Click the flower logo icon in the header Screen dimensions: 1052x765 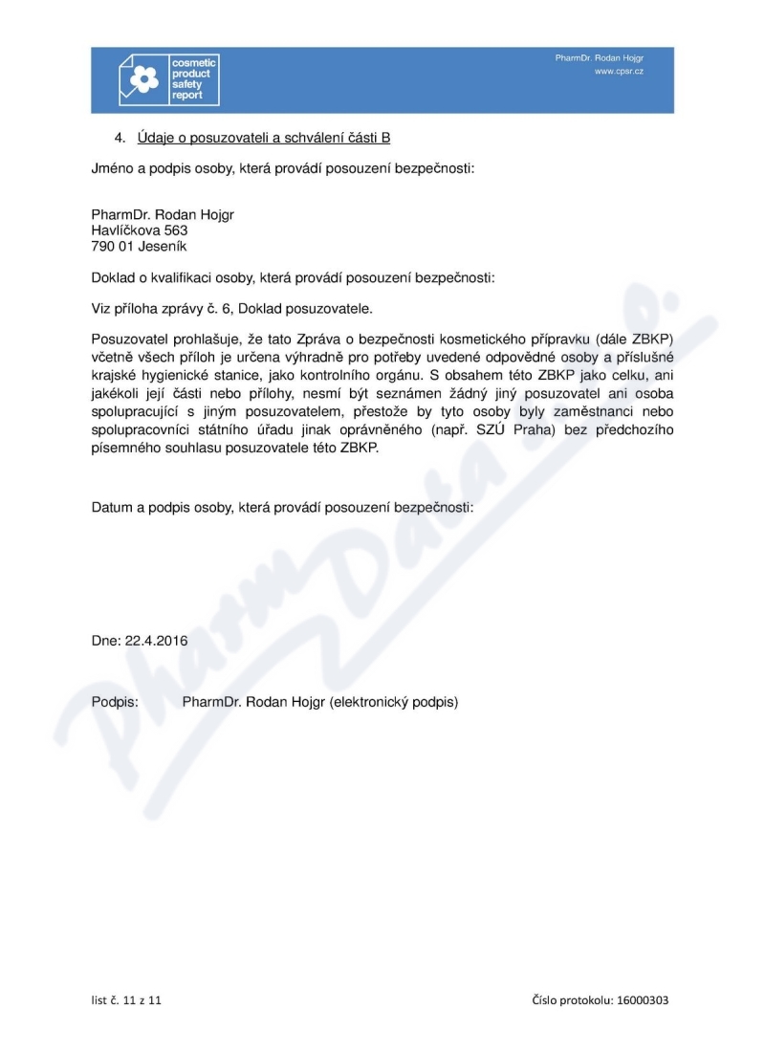[143, 79]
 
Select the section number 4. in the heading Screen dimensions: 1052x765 [121, 138]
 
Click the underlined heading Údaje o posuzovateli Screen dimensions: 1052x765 [263, 138]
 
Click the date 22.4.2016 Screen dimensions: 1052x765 [157, 642]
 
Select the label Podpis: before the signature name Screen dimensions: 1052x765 [116, 702]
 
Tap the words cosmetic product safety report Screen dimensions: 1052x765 [194, 79]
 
